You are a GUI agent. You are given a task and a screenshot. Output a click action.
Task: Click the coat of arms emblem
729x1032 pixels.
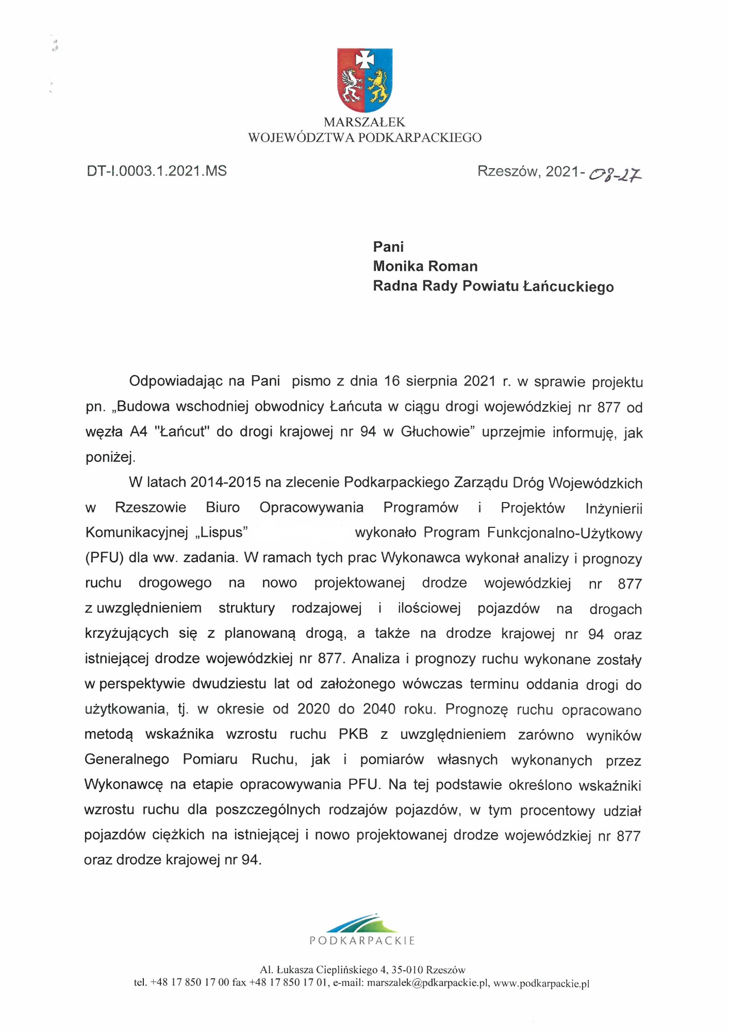pos(364,80)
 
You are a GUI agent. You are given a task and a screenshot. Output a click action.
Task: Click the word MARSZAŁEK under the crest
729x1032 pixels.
pos(364,122)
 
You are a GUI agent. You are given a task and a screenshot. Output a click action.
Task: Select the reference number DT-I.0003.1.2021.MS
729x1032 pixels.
pos(157,171)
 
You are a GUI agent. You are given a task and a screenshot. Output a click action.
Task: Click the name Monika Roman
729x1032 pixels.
pos(425,266)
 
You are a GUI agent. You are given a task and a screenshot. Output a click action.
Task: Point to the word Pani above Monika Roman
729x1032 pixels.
pos(388,247)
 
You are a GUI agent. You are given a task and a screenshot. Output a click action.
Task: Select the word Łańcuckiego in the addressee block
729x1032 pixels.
pos(568,286)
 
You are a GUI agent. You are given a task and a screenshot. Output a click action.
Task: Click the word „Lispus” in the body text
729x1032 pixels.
pos(222,533)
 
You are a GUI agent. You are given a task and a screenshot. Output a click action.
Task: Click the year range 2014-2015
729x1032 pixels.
pos(226,482)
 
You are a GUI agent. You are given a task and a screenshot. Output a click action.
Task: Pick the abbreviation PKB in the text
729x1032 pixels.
pos(353,734)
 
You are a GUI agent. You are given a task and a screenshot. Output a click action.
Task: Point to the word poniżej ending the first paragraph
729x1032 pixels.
pos(110,457)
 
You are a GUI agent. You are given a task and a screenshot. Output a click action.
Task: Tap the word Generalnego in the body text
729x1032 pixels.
pos(127,760)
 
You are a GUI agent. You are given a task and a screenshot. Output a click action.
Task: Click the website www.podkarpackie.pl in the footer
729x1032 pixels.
pos(541,983)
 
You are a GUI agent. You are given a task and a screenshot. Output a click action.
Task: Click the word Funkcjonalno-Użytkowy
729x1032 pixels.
pos(565,533)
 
